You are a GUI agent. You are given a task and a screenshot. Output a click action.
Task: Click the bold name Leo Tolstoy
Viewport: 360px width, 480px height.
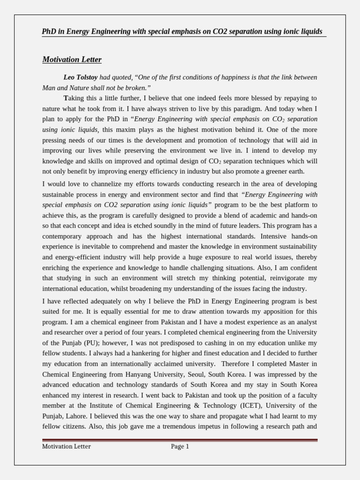tap(81, 77)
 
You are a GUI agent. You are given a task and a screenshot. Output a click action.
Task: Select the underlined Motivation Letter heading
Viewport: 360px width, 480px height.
tap(72, 60)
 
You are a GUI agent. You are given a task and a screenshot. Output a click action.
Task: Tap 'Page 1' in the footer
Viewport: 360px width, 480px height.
tap(180, 447)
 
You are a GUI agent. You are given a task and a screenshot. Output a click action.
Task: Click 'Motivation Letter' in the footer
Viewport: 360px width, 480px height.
tap(67, 447)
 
